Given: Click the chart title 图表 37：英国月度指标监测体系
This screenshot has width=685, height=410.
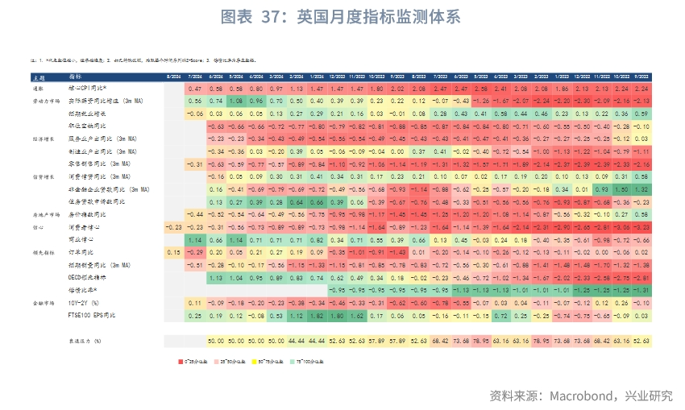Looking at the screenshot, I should point(342,17).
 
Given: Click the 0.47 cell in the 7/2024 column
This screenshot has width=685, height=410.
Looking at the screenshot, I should point(194,88).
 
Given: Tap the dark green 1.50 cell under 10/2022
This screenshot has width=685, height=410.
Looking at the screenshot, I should point(621,189).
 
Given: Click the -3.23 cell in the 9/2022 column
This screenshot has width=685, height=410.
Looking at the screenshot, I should point(641,227).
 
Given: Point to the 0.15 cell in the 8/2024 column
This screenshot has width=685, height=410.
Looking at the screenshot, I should point(173,252).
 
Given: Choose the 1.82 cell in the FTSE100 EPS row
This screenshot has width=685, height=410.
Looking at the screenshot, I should point(317,316).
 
